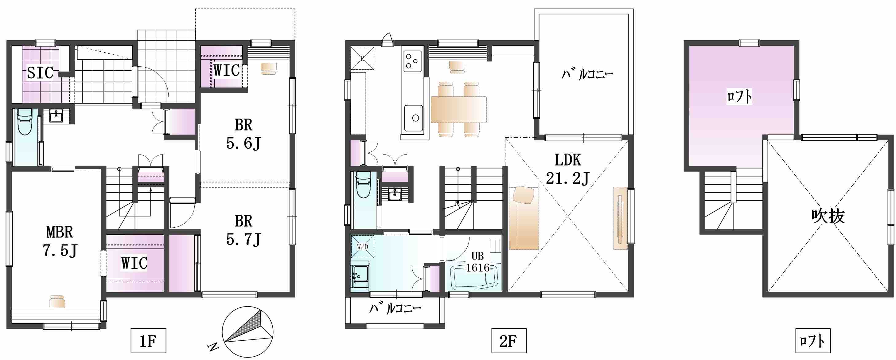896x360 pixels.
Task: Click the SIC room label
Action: [x=40, y=73]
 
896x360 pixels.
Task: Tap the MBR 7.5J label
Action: [x=60, y=241]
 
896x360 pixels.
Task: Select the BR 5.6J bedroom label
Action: [x=243, y=134]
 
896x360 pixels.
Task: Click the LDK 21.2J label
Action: [x=568, y=169]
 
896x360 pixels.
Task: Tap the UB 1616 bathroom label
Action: [x=477, y=262]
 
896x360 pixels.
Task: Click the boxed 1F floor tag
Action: [x=148, y=341]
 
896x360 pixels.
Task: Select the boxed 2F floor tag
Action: [x=508, y=341]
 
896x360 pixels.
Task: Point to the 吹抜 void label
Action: [x=828, y=216]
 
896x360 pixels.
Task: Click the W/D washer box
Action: [x=362, y=247]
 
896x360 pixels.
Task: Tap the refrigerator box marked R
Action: [x=362, y=58]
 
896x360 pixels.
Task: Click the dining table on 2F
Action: [x=458, y=110]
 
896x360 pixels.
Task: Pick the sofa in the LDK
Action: [x=524, y=217]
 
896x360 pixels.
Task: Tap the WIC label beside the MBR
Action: [x=134, y=263]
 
